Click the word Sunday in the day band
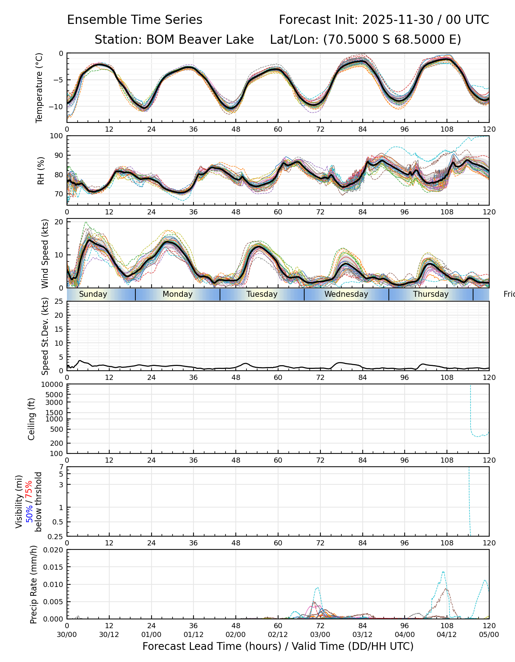click(93, 294)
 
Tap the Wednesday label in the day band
click(346, 294)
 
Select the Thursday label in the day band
click(431, 294)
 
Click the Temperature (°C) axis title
click(39, 88)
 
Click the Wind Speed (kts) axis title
click(45, 253)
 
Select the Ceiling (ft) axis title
click(32, 419)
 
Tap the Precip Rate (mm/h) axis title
click(34, 584)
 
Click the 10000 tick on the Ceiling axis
click(53, 385)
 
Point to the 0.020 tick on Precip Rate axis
click(53, 550)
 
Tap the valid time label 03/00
click(320, 634)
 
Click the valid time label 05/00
click(489, 634)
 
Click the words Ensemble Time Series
click(135, 20)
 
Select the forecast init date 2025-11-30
click(398, 20)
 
